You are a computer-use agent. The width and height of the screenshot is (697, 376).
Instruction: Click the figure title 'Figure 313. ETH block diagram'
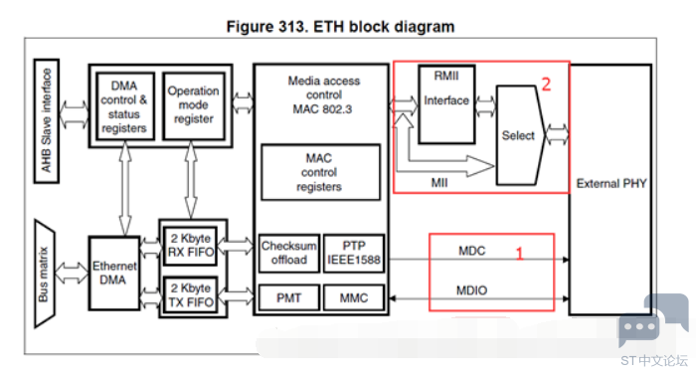click(x=340, y=27)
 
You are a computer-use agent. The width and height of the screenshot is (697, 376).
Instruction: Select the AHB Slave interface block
click(x=47, y=121)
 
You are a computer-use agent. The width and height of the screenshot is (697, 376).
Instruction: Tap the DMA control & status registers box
click(x=125, y=106)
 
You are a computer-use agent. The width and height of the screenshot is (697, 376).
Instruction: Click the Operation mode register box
click(x=194, y=106)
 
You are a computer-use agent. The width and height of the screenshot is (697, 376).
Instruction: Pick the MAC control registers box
click(x=321, y=172)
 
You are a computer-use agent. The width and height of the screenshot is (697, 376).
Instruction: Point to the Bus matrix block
click(x=45, y=274)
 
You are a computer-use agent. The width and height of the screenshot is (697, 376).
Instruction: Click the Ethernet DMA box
click(x=114, y=273)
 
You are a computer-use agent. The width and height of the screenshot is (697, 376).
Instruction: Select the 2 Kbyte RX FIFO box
click(x=191, y=246)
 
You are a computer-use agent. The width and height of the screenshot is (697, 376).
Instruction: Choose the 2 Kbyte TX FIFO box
click(x=191, y=295)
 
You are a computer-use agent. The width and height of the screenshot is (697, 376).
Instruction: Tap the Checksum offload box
click(x=289, y=253)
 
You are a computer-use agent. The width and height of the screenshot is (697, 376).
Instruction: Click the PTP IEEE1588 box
click(x=354, y=253)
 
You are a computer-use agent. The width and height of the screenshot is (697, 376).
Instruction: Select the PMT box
click(x=289, y=297)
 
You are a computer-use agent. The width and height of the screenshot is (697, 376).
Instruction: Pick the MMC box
click(x=354, y=297)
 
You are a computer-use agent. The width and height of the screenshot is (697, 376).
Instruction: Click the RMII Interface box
click(x=446, y=104)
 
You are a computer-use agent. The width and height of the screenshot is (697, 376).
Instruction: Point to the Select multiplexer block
click(x=520, y=135)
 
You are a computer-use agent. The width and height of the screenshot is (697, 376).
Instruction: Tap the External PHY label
click(x=611, y=184)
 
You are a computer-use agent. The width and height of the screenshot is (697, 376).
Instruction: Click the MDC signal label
click(x=471, y=251)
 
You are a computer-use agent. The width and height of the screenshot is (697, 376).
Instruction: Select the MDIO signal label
click(x=471, y=290)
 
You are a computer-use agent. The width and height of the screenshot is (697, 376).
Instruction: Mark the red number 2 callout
click(x=546, y=84)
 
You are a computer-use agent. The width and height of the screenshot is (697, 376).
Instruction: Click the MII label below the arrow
click(x=439, y=183)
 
